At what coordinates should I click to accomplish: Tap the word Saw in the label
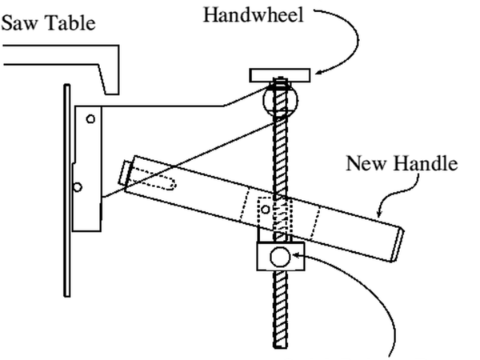(18, 22)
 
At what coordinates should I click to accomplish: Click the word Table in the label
(68, 22)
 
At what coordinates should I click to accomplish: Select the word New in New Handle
(364, 165)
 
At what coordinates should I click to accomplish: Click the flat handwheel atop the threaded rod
(278, 75)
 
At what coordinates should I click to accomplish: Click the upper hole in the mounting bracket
(90, 119)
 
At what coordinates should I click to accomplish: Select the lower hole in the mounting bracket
(77, 187)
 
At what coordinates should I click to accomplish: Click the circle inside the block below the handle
(278, 257)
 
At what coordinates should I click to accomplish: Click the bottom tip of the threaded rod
(278, 345)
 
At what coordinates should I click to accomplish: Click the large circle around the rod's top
(277, 99)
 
